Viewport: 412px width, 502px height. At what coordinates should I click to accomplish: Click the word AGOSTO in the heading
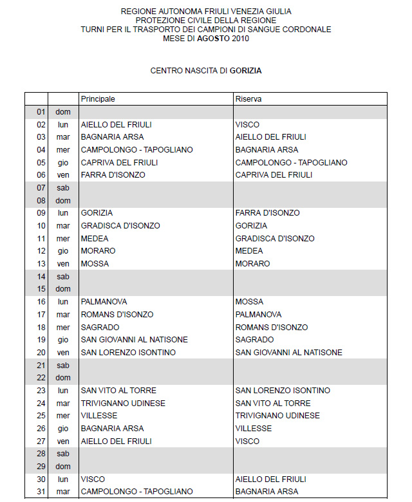(213, 39)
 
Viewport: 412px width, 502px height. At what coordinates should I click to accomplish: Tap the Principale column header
(98, 99)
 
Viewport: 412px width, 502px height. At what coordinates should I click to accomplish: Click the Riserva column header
(248, 99)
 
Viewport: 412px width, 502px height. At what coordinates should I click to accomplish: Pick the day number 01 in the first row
(41, 112)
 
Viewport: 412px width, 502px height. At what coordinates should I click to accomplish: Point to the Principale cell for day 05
(119, 162)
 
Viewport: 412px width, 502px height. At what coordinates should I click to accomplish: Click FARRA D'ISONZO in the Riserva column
(267, 213)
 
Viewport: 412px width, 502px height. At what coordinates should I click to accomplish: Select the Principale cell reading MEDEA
(94, 238)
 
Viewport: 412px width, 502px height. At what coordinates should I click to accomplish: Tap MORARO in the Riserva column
(252, 264)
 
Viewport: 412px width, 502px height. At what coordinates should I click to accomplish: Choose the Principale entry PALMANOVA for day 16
(104, 301)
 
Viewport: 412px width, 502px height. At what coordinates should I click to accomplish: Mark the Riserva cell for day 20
(288, 352)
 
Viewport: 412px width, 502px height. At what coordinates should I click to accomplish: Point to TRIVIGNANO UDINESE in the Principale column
(123, 403)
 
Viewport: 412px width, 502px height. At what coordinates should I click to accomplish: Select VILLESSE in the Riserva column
(253, 428)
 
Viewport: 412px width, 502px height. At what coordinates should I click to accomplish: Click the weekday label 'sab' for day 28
(63, 454)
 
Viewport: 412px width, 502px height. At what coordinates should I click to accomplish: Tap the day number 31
(41, 492)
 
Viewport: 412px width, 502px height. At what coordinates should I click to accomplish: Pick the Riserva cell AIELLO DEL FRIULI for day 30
(270, 479)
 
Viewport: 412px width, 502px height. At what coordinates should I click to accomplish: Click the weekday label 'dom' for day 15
(63, 289)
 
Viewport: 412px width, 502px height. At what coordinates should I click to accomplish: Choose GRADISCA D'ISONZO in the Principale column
(120, 226)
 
